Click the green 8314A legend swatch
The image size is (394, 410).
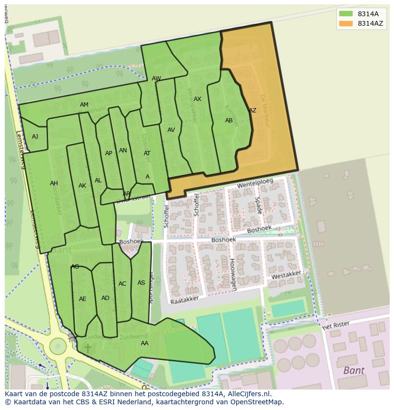click(346, 14)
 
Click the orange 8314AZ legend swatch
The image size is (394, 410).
click(346, 23)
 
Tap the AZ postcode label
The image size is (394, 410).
click(253, 110)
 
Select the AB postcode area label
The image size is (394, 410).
click(229, 120)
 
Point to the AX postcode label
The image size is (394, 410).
click(197, 99)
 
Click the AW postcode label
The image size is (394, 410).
click(156, 79)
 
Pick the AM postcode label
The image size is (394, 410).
click(84, 105)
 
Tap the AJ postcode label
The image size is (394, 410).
click(35, 137)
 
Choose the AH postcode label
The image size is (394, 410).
click(54, 183)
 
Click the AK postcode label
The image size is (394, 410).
click(82, 186)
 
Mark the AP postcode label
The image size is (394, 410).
click(108, 153)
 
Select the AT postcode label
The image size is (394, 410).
click(147, 153)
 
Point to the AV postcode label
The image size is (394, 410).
click(171, 130)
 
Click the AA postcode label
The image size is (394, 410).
click(145, 343)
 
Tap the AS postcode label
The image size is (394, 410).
click(141, 283)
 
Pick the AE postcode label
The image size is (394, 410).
click(83, 299)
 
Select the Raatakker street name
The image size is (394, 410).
click(185, 299)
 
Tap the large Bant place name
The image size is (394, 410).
click(354, 370)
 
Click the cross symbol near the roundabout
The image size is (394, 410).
click(88, 349)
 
